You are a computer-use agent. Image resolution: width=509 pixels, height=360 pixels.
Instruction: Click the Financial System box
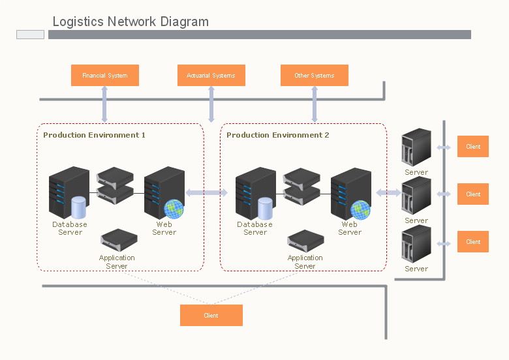click(104, 76)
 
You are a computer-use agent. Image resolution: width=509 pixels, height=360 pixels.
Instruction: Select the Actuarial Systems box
click(211, 76)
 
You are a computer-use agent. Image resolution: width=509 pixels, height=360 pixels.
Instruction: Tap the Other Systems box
click(314, 76)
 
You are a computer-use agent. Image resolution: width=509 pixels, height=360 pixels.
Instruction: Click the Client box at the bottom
click(211, 316)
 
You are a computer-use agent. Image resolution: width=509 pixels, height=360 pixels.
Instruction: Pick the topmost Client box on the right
click(473, 147)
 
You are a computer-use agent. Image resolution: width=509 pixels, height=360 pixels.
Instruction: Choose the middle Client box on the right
click(473, 194)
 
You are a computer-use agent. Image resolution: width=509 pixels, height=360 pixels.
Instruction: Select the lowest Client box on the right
click(473, 242)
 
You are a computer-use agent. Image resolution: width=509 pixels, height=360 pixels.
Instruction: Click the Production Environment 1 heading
click(94, 135)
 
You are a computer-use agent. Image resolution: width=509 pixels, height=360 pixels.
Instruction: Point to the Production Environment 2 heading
click(277, 135)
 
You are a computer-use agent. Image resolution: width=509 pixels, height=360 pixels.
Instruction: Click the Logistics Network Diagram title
click(131, 22)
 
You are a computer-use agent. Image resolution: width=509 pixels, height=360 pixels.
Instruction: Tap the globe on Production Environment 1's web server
click(174, 209)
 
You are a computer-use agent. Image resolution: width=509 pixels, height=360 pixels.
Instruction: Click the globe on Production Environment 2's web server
click(360, 209)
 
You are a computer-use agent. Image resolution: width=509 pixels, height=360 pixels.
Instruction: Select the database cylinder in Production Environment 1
click(78, 207)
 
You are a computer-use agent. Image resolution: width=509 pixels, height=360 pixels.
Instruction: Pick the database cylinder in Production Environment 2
click(265, 208)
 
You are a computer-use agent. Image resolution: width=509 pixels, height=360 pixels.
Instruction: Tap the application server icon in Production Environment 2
click(305, 240)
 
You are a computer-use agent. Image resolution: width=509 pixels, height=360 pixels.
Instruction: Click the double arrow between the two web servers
click(206, 192)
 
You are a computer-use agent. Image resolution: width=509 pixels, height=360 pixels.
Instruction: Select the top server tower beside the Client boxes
click(416, 147)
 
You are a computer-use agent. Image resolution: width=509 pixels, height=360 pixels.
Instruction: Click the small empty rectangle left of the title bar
click(30, 35)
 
